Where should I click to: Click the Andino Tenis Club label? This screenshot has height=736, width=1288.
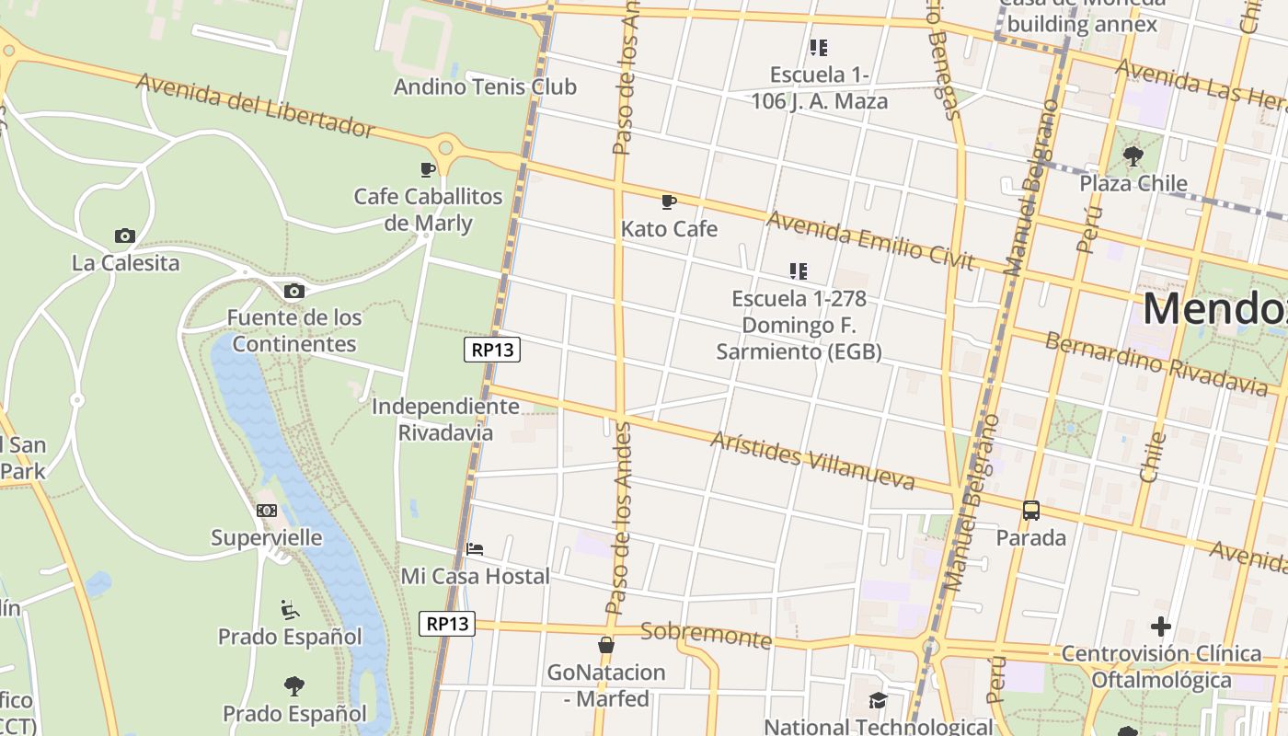click(x=485, y=86)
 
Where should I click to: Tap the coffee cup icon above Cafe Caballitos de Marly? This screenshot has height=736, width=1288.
click(x=428, y=169)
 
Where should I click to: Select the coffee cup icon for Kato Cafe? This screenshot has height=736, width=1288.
click(x=669, y=201)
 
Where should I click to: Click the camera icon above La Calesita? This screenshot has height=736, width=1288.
click(x=125, y=236)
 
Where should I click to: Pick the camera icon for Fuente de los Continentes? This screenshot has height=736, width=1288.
click(x=293, y=292)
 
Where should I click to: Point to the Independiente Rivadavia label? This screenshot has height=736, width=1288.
click(x=445, y=420)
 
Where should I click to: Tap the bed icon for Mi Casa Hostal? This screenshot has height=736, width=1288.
click(x=475, y=549)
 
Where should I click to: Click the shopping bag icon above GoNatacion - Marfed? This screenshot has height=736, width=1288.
click(x=606, y=645)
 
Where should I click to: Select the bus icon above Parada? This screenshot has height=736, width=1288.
click(x=1031, y=511)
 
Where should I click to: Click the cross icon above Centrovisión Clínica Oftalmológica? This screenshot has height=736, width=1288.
click(x=1161, y=627)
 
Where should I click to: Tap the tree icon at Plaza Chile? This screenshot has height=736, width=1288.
click(x=1133, y=155)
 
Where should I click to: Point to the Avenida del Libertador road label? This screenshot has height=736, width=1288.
click(x=256, y=106)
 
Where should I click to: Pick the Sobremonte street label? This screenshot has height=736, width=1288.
click(x=706, y=635)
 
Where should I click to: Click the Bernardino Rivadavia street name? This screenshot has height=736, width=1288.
click(x=1156, y=361)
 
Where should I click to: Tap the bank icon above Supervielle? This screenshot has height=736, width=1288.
click(x=267, y=511)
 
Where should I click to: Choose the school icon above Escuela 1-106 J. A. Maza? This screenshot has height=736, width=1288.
click(x=819, y=48)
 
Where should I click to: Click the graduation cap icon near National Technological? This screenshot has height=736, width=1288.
click(x=879, y=701)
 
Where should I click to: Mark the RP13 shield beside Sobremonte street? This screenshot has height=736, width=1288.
click(x=448, y=624)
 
